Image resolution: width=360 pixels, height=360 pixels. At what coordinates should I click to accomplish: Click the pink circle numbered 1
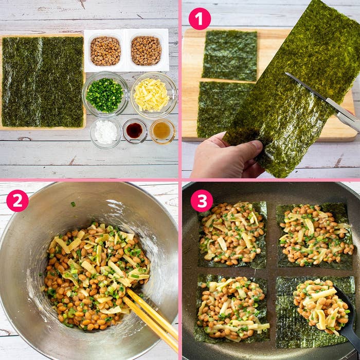pos(200,19)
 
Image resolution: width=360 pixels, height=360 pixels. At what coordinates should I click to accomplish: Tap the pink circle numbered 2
pos(17,201)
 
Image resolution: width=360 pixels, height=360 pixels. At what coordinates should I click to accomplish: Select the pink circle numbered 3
pos(202,201)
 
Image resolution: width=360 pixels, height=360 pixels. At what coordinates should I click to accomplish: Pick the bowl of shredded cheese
pos(154,95)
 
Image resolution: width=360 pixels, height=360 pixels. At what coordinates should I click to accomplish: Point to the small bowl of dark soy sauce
pos(135,131)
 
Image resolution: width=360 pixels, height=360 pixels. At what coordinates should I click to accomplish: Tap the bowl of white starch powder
pos(105,133)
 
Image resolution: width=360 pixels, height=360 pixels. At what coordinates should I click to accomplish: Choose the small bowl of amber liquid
pos(163,131)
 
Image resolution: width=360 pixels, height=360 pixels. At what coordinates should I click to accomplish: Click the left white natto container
pos(105,50)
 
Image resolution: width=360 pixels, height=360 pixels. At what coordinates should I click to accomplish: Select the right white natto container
pos(147,50)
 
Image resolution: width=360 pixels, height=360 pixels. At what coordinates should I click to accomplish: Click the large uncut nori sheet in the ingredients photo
pos(43,82)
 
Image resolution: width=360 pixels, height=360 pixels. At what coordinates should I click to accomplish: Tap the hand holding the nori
pos(226,156)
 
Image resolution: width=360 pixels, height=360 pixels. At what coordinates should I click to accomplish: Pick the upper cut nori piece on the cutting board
pos(229,56)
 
